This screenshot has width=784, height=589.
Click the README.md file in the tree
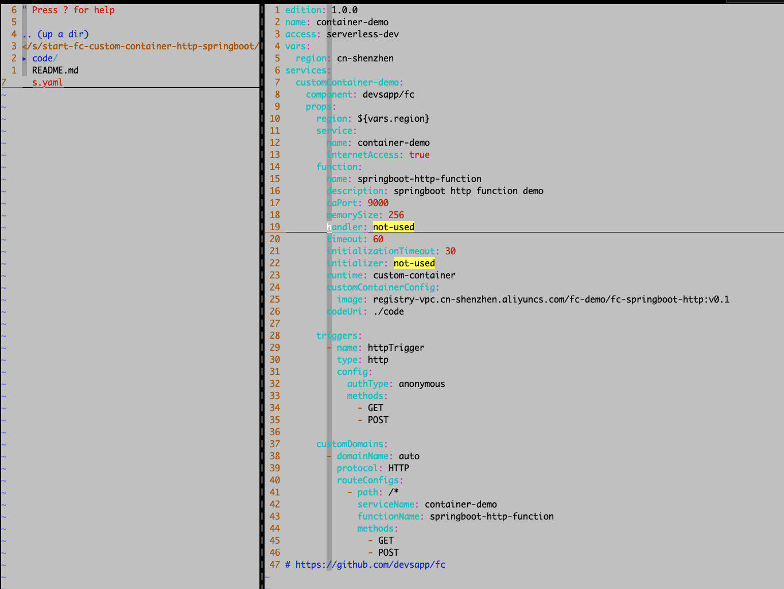[55, 71]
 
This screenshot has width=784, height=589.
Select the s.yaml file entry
[47, 83]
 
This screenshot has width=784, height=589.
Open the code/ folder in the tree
[44, 59]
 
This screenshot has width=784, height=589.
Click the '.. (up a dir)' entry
[56, 34]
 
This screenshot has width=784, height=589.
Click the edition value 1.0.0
[344, 10]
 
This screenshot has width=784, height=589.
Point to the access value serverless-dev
[363, 34]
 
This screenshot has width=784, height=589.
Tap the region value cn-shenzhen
[365, 59]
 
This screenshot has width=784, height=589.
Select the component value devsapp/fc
[388, 95]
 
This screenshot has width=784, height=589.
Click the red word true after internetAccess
[419, 155]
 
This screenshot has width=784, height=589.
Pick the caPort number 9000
[378, 203]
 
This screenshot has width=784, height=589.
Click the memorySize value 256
[396, 215]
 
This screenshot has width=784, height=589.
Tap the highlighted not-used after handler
[393, 227]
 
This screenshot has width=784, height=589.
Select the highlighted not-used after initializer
[414, 263]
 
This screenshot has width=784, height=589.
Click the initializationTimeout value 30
[450, 251]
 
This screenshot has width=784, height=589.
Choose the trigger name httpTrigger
[396, 348]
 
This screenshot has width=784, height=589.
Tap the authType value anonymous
[422, 384]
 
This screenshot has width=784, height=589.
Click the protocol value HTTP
[398, 468]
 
